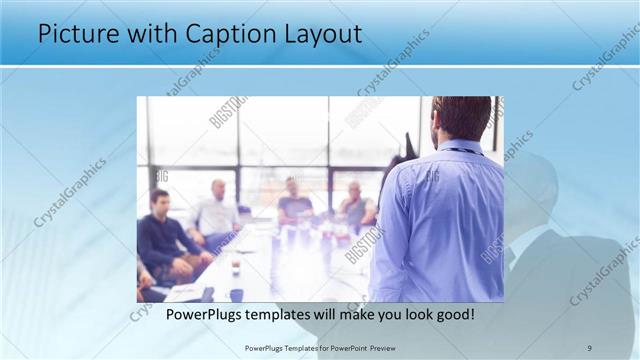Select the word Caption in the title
click(x=222, y=33)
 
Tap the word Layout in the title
click(x=318, y=33)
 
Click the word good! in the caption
click(x=452, y=314)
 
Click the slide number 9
click(x=589, y=347)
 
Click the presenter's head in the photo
click(x=462, y=117)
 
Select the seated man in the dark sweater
click(x=162, y=235)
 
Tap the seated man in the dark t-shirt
click(x=294, y=205)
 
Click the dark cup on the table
click(x=236, y=294)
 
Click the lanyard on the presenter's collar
click(x=462, y=151)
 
